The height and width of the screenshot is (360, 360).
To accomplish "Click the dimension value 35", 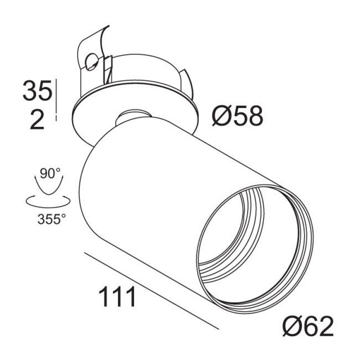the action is (37, 90).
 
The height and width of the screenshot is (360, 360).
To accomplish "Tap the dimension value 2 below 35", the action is (37, 119).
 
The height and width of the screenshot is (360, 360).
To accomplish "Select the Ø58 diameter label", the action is (238, 116).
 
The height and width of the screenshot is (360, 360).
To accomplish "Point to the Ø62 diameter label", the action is (308, 326).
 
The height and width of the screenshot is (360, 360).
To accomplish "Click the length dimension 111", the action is (117, 297).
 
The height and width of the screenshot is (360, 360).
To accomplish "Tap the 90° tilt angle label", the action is (50, 173).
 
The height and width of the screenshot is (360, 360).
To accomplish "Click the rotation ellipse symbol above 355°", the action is (48, 201).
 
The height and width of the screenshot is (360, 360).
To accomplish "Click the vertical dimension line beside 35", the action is (56, 99).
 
